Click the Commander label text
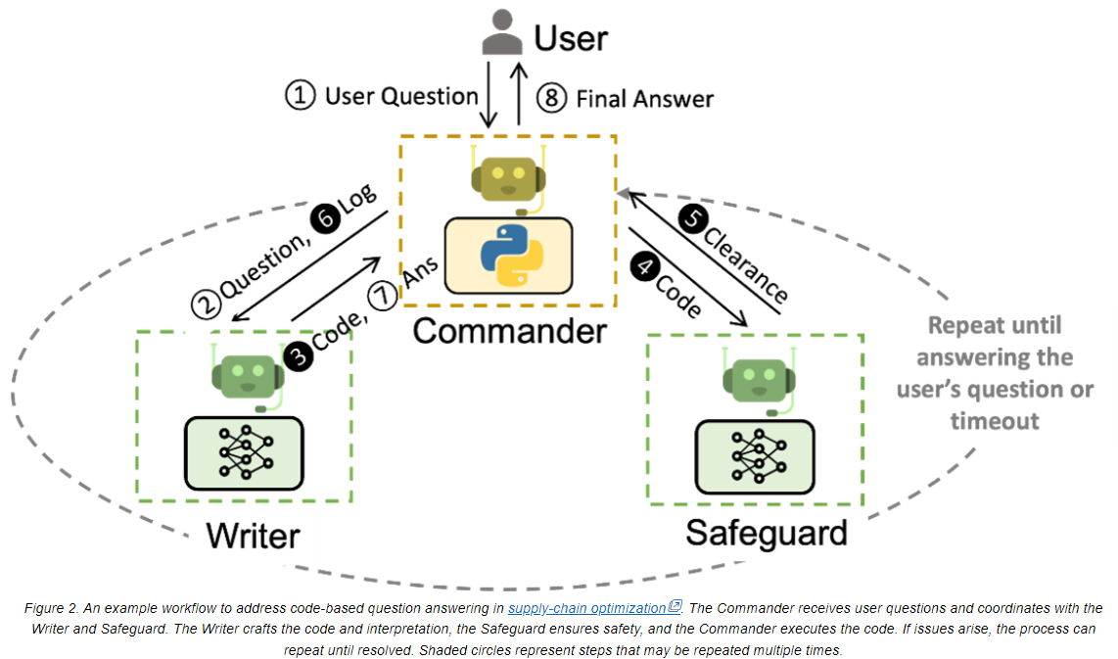pyautogui.click(x=509, y=330)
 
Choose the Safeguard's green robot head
pyautogui.click(x=754, y=380)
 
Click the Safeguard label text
pyautogui.click(x=766, y=533)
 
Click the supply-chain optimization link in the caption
pyautogui.click(x=587, y=608)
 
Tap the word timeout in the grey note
pyautogui.click(x=994, y=420)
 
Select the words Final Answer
pyautogui.click(x=644, y=99)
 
